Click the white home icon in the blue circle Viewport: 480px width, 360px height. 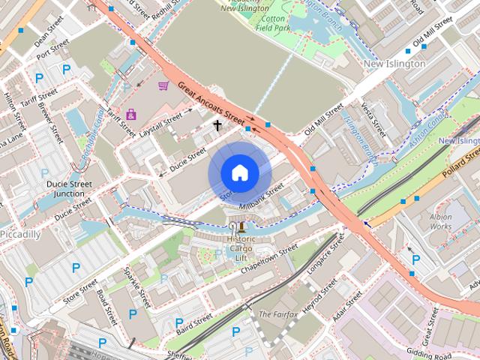[239, 173]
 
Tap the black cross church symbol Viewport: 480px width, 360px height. [218, 125]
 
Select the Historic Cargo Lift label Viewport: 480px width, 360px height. [241, 247]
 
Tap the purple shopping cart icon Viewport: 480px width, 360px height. [163, 86]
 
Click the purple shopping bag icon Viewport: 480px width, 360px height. [132, 115]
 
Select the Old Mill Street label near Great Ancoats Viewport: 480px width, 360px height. [322, 121]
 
